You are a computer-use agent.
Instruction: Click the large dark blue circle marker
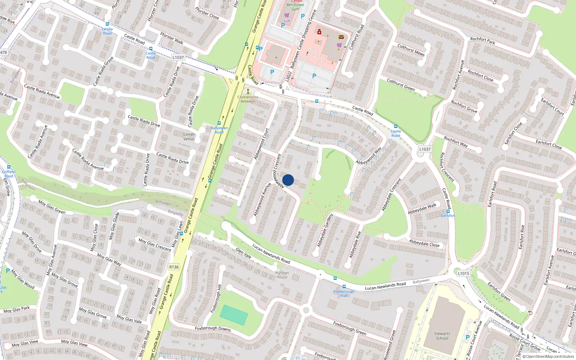288,180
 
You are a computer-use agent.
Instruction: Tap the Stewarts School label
442,336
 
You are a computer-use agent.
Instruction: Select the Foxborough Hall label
344,293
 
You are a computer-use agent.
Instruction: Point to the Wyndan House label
282,275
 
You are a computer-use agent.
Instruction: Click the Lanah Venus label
189,136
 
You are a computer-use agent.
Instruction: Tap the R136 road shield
174,267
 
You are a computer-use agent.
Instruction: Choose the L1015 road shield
463,273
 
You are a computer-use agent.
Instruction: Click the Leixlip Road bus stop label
107,31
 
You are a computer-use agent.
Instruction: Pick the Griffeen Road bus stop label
9,174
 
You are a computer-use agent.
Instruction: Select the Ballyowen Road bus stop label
219,130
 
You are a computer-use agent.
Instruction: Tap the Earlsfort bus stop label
448,216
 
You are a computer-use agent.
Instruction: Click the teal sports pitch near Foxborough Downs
234,315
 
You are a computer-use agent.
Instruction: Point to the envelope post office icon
341,37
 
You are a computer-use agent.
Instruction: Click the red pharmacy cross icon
319,32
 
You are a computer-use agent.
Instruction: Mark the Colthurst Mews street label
411,50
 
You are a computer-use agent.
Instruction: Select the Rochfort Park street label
482,41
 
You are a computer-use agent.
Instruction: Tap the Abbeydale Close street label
424,243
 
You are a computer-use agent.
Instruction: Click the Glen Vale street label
243,253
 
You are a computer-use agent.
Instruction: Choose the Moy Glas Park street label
17,310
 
